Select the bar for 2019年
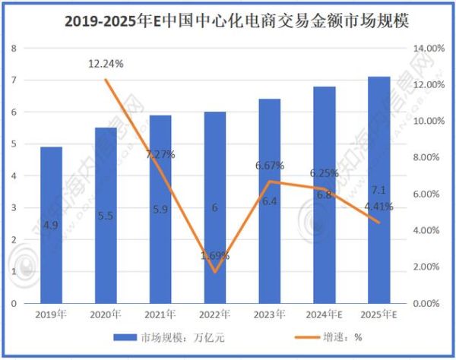[x=51, y=225]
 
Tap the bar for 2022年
[x=214, y=207]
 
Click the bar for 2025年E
[x=378, y=190]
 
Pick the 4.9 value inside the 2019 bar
[x=51, y=225]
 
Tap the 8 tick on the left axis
[x=14, y=48]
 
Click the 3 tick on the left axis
[x=14, y=207]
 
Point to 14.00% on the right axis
[x=426, y=48]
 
